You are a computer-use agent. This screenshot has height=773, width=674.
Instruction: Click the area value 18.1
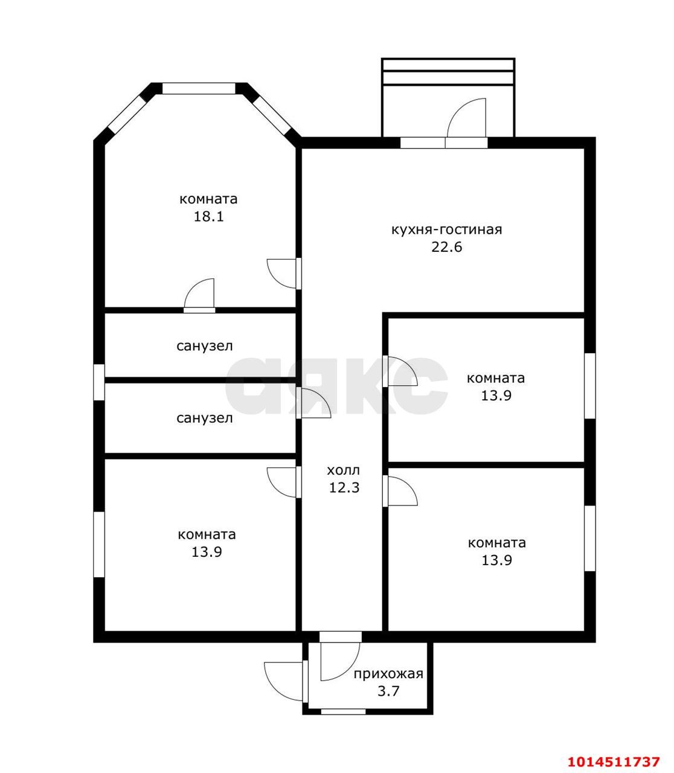pyautogui.click(x=208, y=217)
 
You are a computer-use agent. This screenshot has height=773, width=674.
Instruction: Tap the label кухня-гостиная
pyautogui.click(x=446, y=229)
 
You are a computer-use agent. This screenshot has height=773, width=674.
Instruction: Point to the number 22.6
pyautogui.click(x=447, y=247)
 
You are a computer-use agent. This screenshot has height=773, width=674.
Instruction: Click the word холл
pyautogui.click(x=344, y=470)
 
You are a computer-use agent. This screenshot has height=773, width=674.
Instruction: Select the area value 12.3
pyautogui.click(x=344, y=488)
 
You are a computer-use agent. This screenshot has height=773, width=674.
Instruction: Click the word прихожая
pyautogui.click(x=388, y=674)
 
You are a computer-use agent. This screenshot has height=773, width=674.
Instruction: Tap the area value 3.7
pyautogui.click(x=388, y=691)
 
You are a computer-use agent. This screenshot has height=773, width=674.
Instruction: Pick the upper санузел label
pyautogui.click(x=204, y=346)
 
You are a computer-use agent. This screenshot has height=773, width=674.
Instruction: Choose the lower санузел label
pyautogui.click(x=204, y=419)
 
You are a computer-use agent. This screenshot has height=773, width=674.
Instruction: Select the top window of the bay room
pyautogui.click(x=199, y=88)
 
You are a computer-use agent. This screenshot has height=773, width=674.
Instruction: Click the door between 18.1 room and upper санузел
pyautogui.click(x=199, y=295)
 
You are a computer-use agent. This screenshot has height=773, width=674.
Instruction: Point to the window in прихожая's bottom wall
pyautogui.click(x=344, y=711)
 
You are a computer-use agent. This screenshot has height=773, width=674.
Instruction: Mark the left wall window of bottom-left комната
pyautogui.click(x=99, y=545)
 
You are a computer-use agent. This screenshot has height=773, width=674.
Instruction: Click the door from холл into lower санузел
pyautogui.click(x=313, y=403)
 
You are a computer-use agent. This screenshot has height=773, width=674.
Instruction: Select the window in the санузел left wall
pyautogui.click(x=99, y=382)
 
